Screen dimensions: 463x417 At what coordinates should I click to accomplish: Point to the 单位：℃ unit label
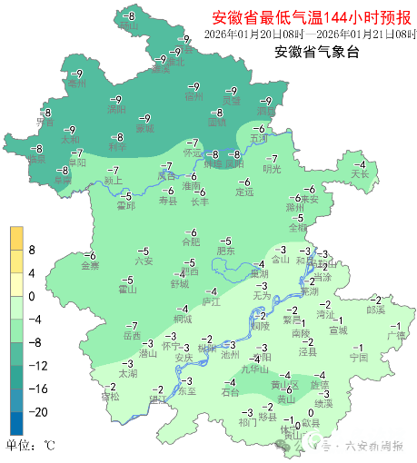30,446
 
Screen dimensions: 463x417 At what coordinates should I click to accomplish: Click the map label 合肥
190,242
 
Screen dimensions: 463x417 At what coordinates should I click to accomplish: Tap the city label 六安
144,261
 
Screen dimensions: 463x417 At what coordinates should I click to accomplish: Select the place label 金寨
90,266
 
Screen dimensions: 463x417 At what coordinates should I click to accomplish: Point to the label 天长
361,173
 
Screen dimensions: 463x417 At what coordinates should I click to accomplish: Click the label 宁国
359,358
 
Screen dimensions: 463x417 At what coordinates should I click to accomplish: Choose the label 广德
396,335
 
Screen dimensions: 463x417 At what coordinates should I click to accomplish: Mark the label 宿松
110,397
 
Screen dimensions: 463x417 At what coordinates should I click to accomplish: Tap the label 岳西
132,336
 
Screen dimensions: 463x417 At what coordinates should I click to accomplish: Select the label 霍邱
126,205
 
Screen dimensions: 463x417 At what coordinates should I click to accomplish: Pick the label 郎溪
375,310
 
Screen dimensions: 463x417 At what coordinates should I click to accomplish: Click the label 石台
231,392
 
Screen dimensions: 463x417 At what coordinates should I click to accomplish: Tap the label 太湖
127,373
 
